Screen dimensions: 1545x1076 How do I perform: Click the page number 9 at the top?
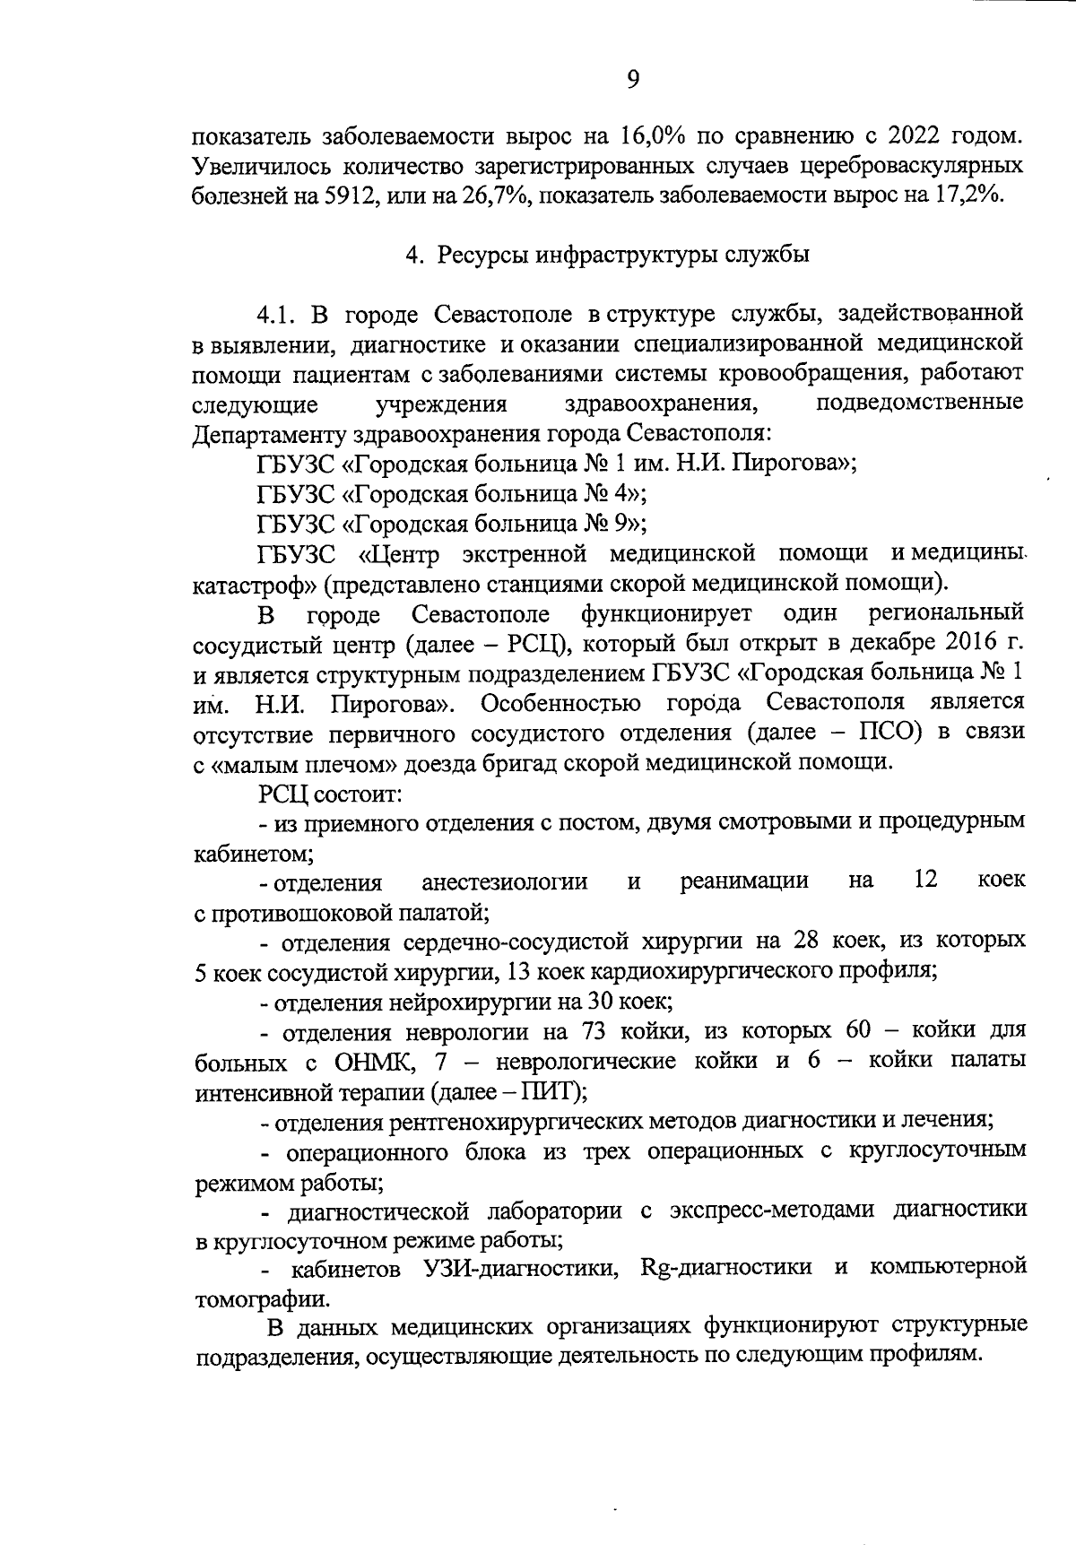633,80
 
